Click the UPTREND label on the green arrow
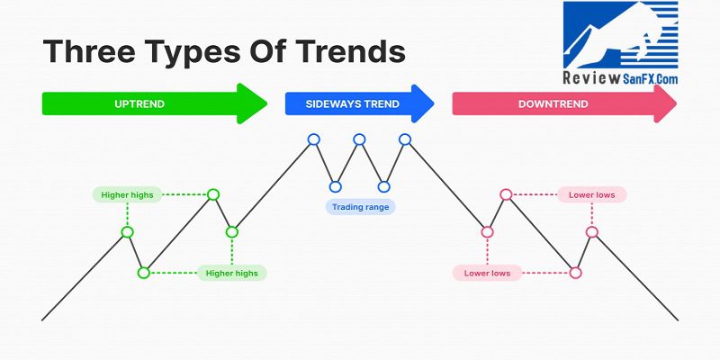pos(139,103)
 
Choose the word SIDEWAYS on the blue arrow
pos(328,103)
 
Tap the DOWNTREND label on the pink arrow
pos(553,103)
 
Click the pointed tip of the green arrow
pos(266,103)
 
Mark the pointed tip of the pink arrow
pos(677,103)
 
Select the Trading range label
pos(361,207)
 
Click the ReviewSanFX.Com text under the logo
pos(620,78)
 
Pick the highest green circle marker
pos(213,194)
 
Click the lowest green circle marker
pos(144,273)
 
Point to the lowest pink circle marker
pos(575,273)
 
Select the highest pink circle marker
pos(506,194)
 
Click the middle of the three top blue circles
pos(359,139)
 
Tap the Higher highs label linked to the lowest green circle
pos(232,274)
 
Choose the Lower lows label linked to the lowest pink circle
pos(487,274)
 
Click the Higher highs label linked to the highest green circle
pos(127,194)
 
